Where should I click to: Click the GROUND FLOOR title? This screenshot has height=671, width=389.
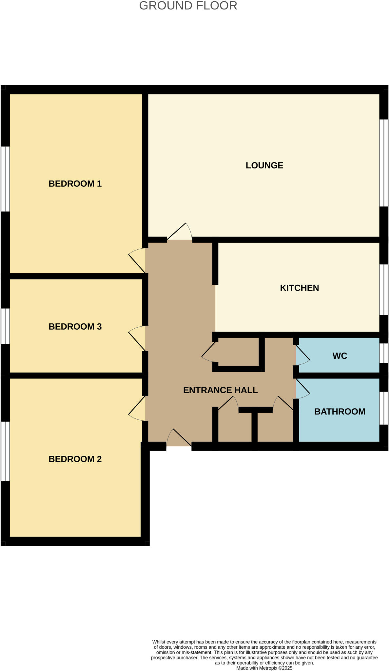coord(188,6)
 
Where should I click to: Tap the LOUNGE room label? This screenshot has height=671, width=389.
coord(264,165)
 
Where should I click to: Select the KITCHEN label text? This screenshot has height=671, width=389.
coord(299,288)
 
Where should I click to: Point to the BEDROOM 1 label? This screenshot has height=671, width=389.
coord(75,184)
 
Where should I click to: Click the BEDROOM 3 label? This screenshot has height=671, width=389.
coord(75,327)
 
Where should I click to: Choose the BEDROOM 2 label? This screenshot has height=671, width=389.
coord(75,459)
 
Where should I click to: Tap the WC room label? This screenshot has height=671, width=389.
coord(340,356)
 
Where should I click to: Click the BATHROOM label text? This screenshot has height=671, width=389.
coord(340,412)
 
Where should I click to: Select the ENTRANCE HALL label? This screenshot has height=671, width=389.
coord(220,390)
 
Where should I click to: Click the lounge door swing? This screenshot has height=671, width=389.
coord(180,232)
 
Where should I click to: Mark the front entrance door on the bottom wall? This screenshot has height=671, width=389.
coord(179,438)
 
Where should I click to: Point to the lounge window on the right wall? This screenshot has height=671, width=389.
coord(384,163)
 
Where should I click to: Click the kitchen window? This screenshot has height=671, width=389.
coord(384,290)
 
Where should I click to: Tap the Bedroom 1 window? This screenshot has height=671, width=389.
coord(5,179)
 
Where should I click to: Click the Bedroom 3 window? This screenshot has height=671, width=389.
coord(5,326)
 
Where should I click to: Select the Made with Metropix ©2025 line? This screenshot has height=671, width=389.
coord(264,668)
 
